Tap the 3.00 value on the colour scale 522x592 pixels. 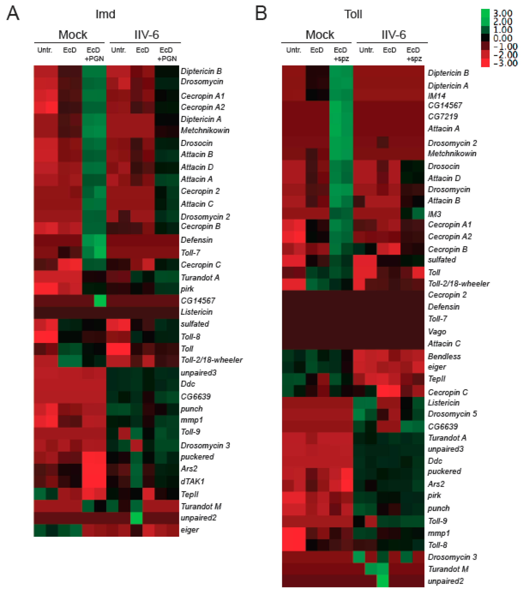[x=503, y=13]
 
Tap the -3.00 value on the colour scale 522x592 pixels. [x=505, y=63]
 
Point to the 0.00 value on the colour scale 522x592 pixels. [x=503, y=38]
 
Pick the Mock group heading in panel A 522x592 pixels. [x=73, y=35]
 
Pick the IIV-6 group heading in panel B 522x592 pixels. [x=394, y=35]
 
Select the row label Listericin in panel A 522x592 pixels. [x=197, y=312]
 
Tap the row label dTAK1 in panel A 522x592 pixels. [x=193, y=481]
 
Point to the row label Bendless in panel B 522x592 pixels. [x=444, y=356]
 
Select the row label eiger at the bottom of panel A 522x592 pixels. [x=190, y=530]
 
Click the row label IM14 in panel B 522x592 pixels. [x=436, y=96]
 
